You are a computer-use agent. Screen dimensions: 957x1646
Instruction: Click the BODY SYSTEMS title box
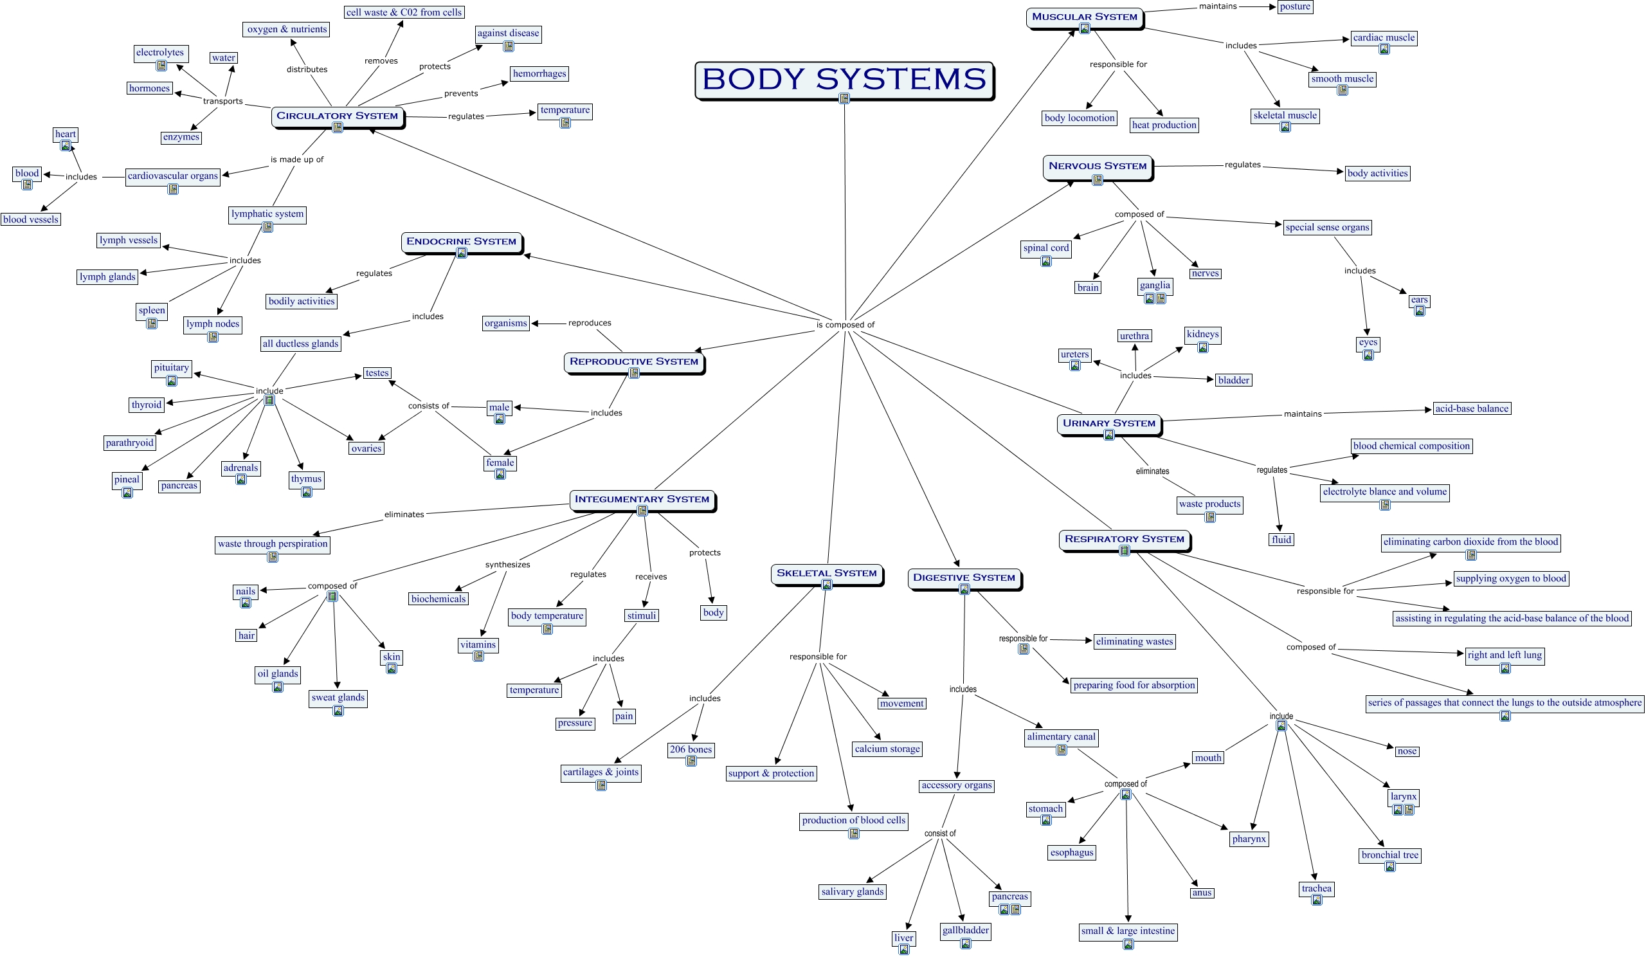tap(844, 79)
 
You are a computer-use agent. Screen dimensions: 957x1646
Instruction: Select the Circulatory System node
tap(337, 116)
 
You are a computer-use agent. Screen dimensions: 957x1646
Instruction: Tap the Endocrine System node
tap(461, 241)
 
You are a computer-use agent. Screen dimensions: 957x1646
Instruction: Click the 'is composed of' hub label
tap(845, 325)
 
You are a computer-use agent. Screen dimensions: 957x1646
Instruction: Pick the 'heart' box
tap(66, 134)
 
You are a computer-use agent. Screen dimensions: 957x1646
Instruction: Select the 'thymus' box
tap(306, 479)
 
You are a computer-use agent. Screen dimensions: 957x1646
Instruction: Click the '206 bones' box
tap(691, 749)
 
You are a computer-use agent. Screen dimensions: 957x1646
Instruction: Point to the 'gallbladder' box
tap(965, 930)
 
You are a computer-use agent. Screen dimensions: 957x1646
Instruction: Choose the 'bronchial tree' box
tap(1390, 855)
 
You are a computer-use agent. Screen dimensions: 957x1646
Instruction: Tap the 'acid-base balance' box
tap(1472, 408)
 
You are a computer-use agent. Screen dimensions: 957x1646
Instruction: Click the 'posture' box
tap(1294, 6)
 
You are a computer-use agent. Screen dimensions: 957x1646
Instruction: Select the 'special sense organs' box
tap(1327, 227)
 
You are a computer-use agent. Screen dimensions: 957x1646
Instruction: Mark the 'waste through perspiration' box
tap(273, 543)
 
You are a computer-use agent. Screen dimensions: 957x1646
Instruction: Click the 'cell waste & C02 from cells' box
tap(404, 12)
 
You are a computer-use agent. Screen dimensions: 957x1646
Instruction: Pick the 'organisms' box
tap(505, 323)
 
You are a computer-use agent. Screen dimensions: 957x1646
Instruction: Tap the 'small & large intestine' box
tap(1128, 931)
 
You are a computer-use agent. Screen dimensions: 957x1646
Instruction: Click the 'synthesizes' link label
tap(507, 565)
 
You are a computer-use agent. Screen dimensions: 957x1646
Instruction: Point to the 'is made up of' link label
tap(296, 159)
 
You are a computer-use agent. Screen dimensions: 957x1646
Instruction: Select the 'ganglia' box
tap(1155, 285)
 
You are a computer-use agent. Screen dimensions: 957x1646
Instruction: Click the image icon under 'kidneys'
tap(1203, 347)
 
